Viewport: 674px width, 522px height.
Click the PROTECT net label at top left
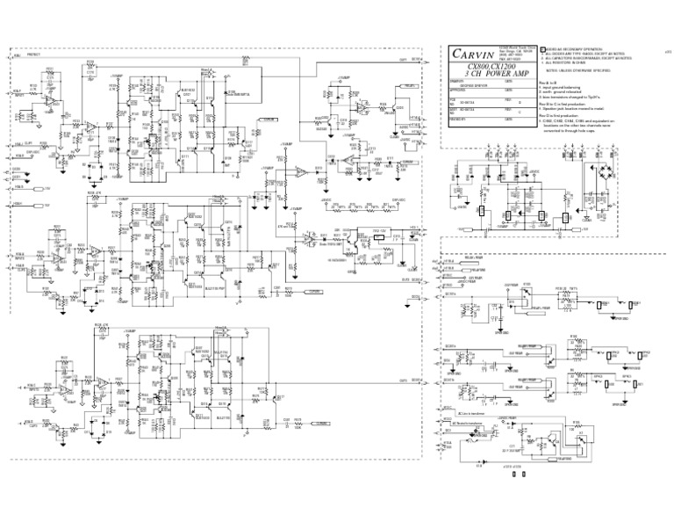(33, 54)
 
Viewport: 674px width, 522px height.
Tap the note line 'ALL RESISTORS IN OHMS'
(563, 63)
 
